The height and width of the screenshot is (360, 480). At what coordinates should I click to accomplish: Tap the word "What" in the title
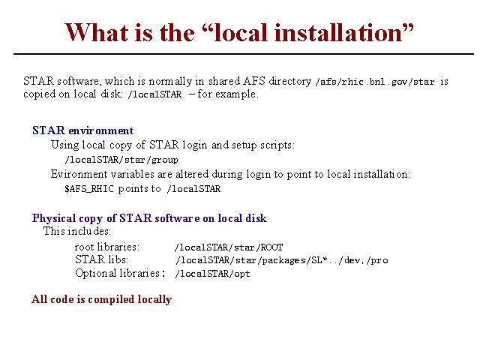97,33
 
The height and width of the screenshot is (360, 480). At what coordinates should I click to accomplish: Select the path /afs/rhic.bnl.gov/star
375,82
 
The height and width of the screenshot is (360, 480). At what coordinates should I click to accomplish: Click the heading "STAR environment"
83,130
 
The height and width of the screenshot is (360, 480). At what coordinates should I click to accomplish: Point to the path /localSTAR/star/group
121,160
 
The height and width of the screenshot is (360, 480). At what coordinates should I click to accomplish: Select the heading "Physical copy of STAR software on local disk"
149,218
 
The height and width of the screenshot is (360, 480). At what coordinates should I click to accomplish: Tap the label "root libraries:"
106,247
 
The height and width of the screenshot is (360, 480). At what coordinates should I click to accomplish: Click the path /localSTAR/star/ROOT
229,247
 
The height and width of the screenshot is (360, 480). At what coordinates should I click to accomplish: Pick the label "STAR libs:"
101,259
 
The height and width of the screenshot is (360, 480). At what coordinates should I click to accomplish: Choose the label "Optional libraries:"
120,273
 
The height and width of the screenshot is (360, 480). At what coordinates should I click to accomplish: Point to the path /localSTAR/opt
212,273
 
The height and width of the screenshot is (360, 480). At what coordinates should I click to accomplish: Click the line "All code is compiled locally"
101,299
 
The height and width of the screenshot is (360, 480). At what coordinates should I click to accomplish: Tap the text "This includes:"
76,231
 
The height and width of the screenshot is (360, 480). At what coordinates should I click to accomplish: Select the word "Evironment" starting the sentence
79,174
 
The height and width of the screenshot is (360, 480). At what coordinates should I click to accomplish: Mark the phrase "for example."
228,94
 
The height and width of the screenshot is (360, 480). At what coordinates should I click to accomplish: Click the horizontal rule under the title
244,54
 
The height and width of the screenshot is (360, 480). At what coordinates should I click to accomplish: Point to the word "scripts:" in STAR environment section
277,145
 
